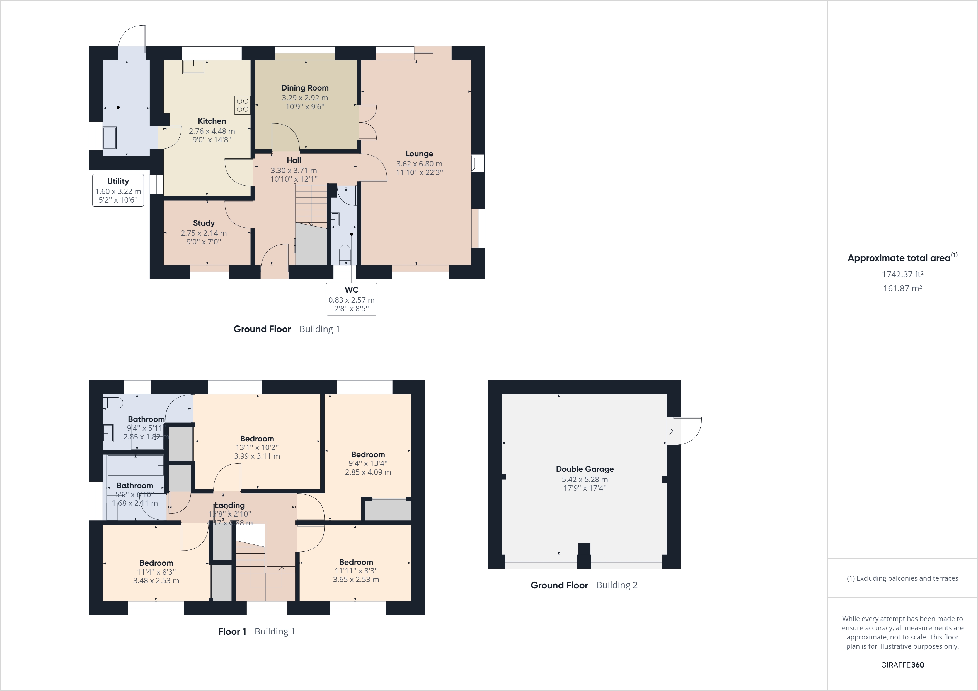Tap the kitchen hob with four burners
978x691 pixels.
pos(242,105)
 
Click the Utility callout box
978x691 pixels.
pos(118,190)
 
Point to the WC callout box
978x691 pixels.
pos(351,299)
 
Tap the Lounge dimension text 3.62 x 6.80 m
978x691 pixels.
pos(419,164)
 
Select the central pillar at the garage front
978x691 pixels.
pos(584,555)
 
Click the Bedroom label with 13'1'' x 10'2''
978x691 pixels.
pos(257,439)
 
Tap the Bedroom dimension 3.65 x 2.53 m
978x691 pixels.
pos(356,580)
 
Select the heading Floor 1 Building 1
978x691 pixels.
pos(256,631)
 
